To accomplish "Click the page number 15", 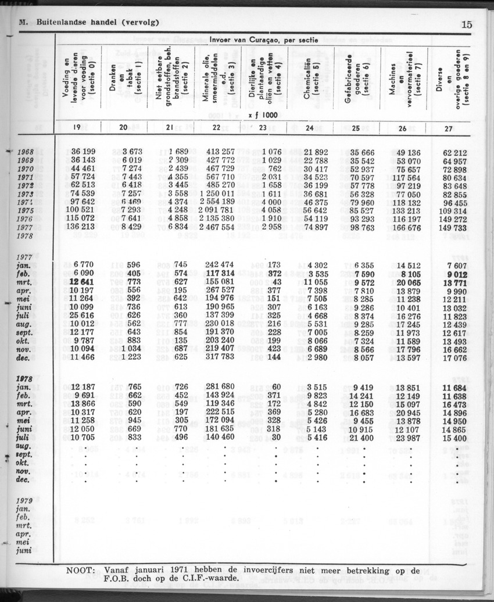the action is pyautogui.click(x=467, y=24).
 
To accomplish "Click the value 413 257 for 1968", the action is pyautogui.click(x=220, y=152).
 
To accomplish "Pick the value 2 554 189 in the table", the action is pyautogui.click(x=216, y=201).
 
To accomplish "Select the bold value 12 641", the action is pyautogui.click(x=81, y=281).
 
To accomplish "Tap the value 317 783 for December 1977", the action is pyautogui.click(x=220, y=357).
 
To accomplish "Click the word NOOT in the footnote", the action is pyautogui.click(x=81, y=571).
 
